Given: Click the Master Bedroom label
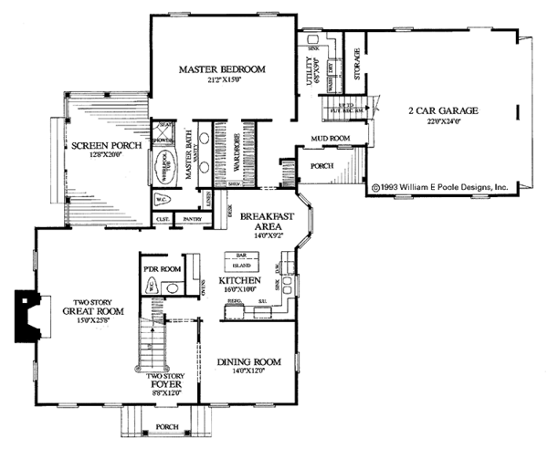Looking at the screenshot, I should pyautogui.click(x=221, y=69).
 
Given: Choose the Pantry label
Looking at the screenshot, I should pyautogui.click(x=192, y=220).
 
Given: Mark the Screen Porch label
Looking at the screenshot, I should pyautogui.click(x=99, y=145).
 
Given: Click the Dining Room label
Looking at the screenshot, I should pyautogui.click(x=248, y=362).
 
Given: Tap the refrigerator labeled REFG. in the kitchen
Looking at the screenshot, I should pyautogui.click(x=234, y=301).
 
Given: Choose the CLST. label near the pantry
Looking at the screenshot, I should pyautogui.click(x=163, y=220).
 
